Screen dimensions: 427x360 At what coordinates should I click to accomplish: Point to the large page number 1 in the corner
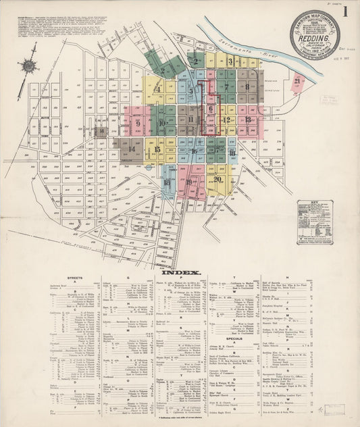tap(345, 11)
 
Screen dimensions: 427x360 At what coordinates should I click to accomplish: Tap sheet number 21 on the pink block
tap(297, 82)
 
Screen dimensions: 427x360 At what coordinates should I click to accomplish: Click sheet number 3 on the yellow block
tap(230, 61)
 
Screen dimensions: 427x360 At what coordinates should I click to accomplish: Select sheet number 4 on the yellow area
tap(157, 89)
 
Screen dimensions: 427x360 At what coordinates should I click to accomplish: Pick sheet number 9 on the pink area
tap(138, 124)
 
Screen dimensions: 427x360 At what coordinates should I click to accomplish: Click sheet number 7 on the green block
tap(226, 87)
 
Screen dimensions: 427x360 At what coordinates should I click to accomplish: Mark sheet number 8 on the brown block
tap(248, 86)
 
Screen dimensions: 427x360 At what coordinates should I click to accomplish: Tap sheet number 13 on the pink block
tap(248, 120)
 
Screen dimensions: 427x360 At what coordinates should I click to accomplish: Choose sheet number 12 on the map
tap(227, 120)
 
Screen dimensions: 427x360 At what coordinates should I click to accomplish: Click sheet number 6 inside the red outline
tap(211, 108)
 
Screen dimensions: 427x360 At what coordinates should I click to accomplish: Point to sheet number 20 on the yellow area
tap(218, 178)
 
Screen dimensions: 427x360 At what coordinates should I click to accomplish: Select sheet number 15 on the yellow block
tap(157, 150)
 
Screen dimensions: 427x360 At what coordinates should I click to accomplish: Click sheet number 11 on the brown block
tap(191, 120)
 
